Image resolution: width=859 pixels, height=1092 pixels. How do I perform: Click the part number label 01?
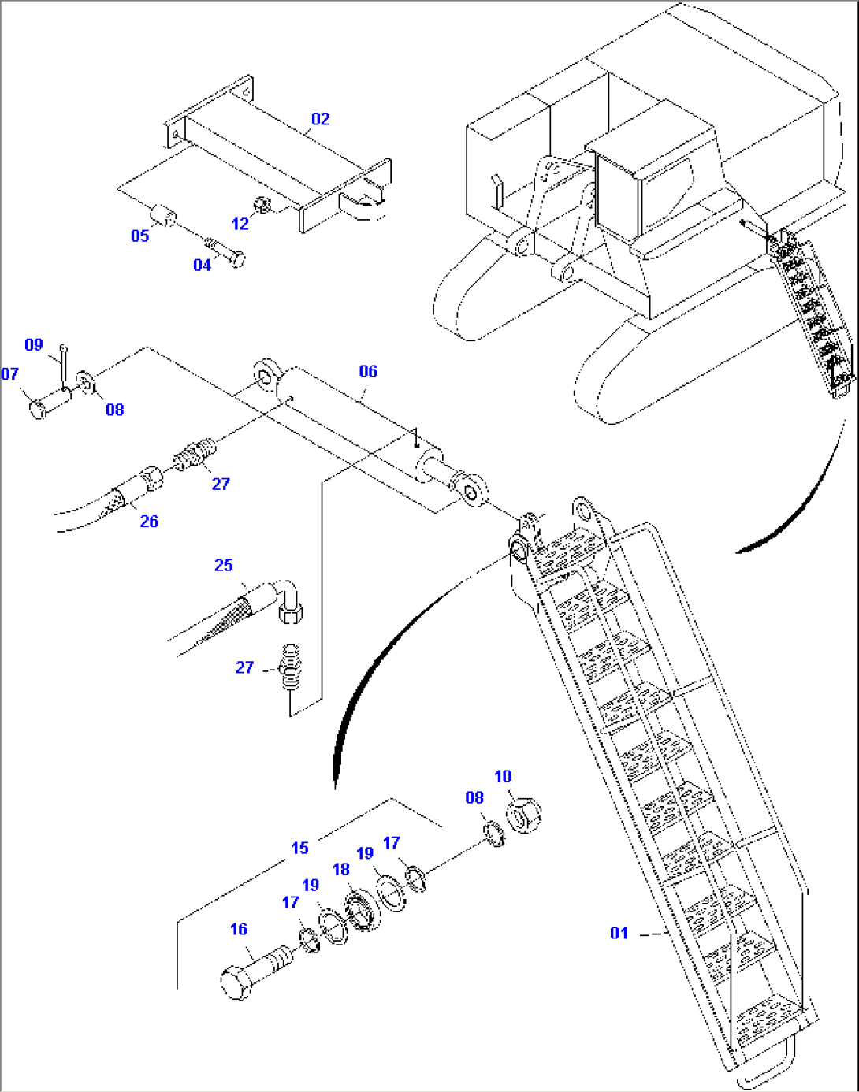[619, 933]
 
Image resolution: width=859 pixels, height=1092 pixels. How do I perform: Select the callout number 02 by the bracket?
[320, 119]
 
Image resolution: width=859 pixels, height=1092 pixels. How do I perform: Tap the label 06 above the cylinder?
[368, 371]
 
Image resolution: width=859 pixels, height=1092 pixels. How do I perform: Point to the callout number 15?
[299, 848]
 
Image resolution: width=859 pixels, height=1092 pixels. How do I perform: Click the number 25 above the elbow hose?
[224, 565]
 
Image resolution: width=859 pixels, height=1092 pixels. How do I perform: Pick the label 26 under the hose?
[149, 521]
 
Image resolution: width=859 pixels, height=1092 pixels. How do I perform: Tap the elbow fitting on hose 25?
[288, 600]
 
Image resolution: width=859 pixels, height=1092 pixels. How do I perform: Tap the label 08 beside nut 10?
[474, 797]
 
